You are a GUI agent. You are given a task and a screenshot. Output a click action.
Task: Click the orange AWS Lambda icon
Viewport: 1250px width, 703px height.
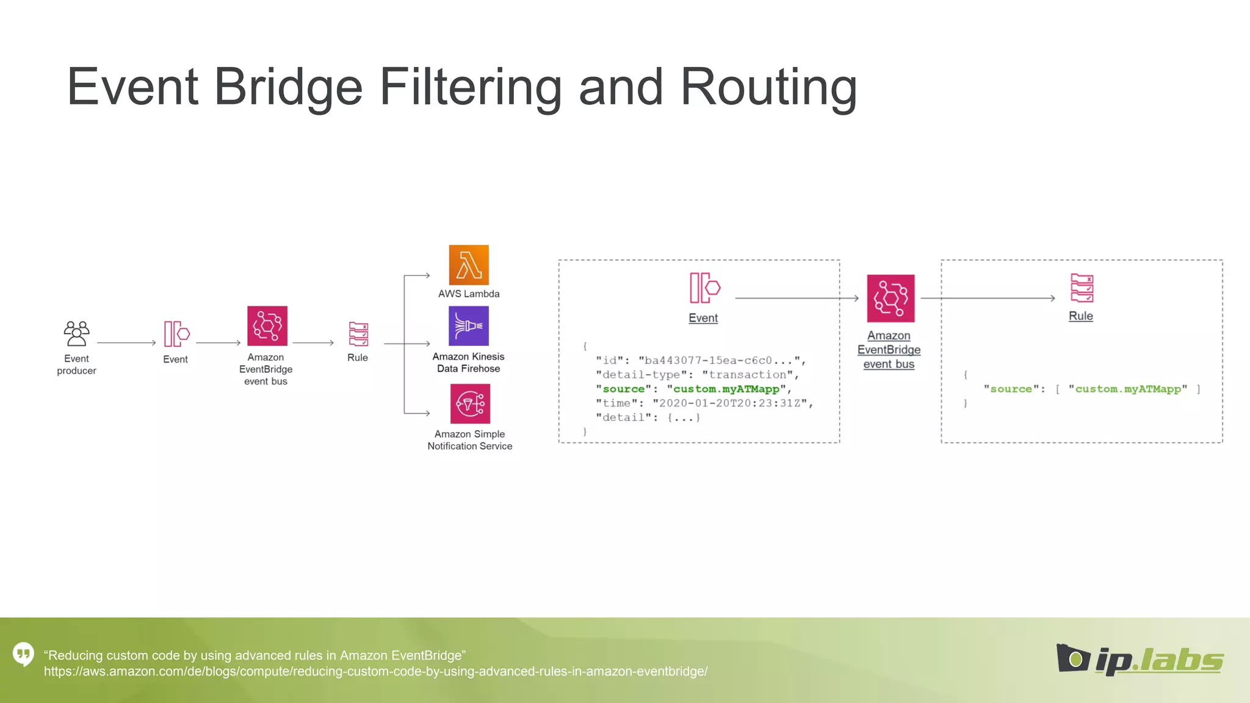[469, 265]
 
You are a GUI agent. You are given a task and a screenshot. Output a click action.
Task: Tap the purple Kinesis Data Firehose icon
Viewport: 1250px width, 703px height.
[469, 326]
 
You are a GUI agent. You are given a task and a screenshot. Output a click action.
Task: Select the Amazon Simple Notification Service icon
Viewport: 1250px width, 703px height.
[470, 403]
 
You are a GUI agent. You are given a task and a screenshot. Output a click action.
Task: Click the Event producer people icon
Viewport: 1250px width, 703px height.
[76, 334]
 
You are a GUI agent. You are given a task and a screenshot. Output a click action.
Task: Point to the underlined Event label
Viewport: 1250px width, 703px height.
[703, 318]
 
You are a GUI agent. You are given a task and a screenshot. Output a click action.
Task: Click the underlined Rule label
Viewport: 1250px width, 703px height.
[1080, 316]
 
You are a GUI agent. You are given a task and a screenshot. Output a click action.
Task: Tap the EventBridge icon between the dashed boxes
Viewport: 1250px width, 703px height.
[891, 298]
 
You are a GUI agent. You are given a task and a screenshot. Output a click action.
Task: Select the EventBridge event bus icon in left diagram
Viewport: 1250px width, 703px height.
[267, 326]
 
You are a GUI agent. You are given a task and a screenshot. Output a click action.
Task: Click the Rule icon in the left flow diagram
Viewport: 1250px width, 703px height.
[358, 334]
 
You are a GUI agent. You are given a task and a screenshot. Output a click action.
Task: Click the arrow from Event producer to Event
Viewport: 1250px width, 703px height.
[126, 343]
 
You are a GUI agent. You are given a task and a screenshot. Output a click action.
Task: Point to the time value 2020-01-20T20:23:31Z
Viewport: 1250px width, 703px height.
[733, 403]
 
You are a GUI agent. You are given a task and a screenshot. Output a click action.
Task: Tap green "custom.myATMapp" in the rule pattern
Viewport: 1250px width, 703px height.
[1127, 389]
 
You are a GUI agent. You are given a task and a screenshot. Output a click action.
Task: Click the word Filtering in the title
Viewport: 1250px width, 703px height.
[471, 87]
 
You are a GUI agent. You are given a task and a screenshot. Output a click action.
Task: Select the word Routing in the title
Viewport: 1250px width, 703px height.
[768, 87]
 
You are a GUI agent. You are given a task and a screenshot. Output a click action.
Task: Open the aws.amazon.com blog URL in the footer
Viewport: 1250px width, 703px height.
[375, 672]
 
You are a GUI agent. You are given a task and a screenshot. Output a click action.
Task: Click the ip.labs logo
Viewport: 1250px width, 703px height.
[1140, 660]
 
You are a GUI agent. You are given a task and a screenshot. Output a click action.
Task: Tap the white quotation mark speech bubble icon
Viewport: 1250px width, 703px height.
[24, 654]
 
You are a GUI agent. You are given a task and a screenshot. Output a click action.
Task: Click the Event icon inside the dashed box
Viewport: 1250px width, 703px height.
[704, 288]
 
